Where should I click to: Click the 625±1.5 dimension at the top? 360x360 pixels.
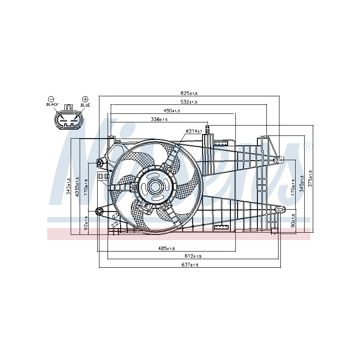(189, 93)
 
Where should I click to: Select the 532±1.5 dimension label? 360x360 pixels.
(189, 102)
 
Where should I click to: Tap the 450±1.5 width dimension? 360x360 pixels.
(171, 111)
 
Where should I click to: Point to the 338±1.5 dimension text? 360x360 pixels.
(159, 119)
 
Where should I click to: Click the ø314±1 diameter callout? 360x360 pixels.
(193, 130)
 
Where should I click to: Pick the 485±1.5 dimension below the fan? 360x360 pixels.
(166, 248)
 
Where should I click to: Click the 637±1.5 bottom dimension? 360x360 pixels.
(189, 265)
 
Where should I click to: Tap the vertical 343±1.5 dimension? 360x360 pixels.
(68, 186)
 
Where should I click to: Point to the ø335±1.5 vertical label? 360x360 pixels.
(77, 186)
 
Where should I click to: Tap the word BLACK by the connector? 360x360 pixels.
(52, 105)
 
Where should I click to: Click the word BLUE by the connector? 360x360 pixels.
(85, 105)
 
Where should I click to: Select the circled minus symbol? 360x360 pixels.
(51, 99)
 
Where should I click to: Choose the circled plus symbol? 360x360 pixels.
(85, 99)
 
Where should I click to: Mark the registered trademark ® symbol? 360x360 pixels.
(308, 146)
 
